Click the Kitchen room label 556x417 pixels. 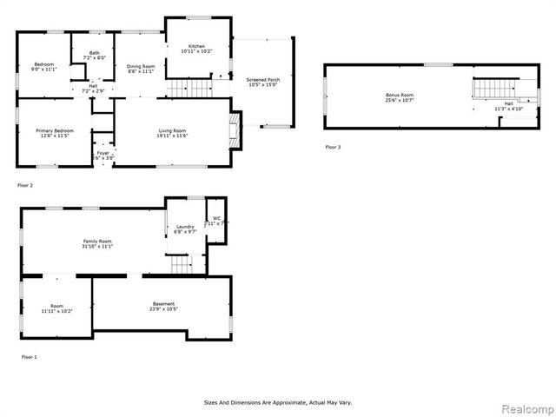click(x=195, y=45)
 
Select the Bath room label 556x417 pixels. click(x=93, y=53)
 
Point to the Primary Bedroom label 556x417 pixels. click(x=54, y=131)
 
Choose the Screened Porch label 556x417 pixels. click(x=262, y=79)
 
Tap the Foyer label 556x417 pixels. click(x=103, y=153)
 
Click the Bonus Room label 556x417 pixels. click(x=400, y=95)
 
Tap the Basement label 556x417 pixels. click(x=162, y=304)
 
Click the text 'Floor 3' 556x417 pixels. click(x=333, y=148)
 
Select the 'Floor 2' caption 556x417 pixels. click(x=25, y=185)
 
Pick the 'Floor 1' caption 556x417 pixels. click(x=30, y=357)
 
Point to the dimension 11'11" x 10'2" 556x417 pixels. click(x=56, y=310)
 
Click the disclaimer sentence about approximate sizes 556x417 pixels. click(x=277, y=402)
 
